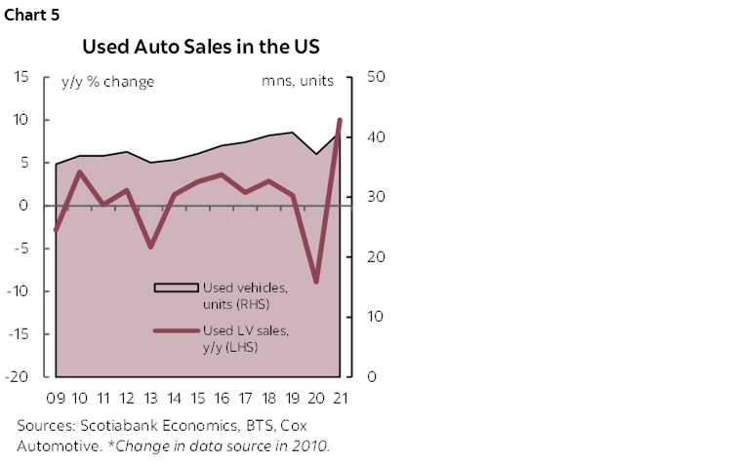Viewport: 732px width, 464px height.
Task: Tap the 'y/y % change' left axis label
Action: tap(107, 82)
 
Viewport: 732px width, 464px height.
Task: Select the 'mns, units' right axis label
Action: tap(298, 82)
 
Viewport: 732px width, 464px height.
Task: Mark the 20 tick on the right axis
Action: tap(376, 257)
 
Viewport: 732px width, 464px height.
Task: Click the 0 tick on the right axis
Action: tap(372, 377)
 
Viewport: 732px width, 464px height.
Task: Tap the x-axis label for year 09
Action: tap(56, 400)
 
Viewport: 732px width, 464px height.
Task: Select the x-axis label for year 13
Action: tap(150, 400)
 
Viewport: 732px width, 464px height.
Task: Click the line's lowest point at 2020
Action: tap(316, 282)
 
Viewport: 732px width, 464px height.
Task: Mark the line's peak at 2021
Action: tap(340, 120)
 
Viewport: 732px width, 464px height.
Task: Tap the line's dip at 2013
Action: tap(150, 248)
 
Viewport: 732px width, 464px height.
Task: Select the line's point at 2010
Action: tap(80, 173)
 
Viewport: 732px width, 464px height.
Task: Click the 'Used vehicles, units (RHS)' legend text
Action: tap(244, 295)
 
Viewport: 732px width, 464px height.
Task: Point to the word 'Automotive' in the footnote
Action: tap(57, 445)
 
